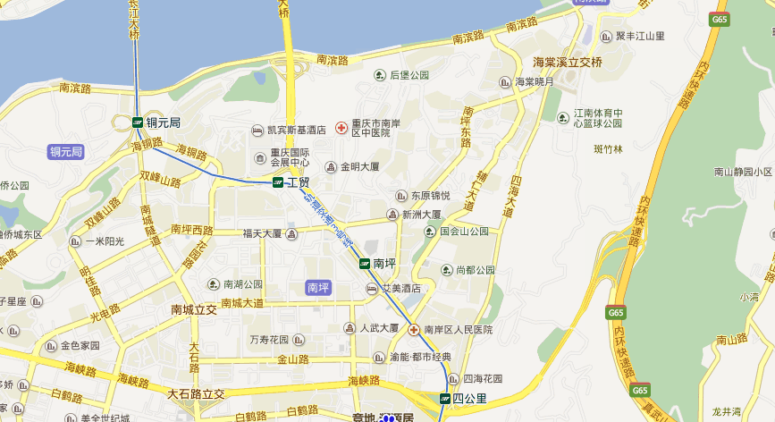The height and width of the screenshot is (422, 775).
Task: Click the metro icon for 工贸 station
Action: (278, 182)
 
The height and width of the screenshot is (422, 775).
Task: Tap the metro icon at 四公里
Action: (444, 398)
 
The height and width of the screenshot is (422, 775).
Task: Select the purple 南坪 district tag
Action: (318, 287)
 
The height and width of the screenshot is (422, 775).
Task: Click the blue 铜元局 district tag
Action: (66, 152)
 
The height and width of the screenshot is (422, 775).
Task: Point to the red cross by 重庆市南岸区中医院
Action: (341, 129)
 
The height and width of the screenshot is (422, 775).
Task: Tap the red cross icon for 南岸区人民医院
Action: (415, 330)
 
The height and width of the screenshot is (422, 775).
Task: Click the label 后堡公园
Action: (409, 75)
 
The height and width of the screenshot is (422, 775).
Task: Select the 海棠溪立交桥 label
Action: (568, 62)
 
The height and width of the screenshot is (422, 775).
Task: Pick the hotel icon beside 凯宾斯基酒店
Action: (257, 130)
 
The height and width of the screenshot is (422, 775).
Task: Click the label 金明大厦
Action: (359, 166)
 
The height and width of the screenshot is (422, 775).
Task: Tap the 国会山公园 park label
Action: (464, 231)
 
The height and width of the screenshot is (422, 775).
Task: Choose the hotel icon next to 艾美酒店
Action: (371, 288)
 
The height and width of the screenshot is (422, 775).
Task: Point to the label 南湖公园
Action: (242, 284)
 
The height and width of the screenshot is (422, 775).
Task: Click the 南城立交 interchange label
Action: (194, 310)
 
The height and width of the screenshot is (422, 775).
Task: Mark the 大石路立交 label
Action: (196, 393)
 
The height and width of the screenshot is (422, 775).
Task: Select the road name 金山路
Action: (292, 359)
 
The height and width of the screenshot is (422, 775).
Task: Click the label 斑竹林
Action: (608, 149)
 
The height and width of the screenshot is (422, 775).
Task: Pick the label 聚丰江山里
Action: (641, 36)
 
